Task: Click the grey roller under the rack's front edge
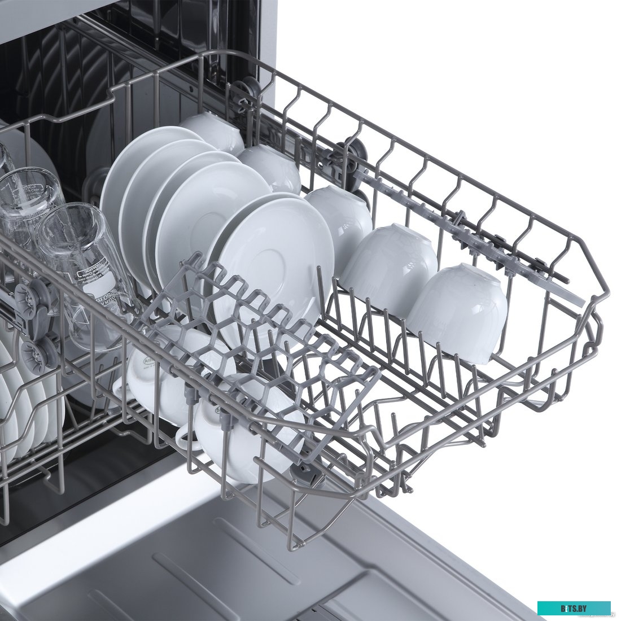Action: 302,474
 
